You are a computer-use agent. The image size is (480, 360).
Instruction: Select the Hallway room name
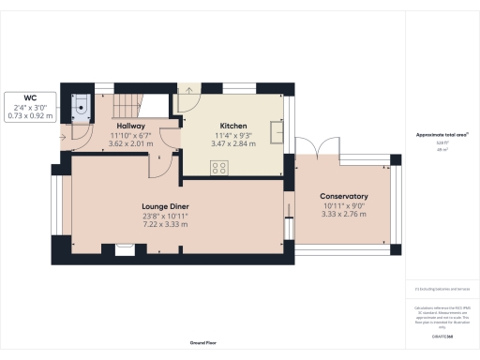(129, 125)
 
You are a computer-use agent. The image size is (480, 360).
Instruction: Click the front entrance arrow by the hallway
(64, 137)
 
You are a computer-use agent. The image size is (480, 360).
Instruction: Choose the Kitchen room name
(232, 125)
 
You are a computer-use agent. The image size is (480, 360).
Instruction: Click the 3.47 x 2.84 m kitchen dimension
(232, 146)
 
